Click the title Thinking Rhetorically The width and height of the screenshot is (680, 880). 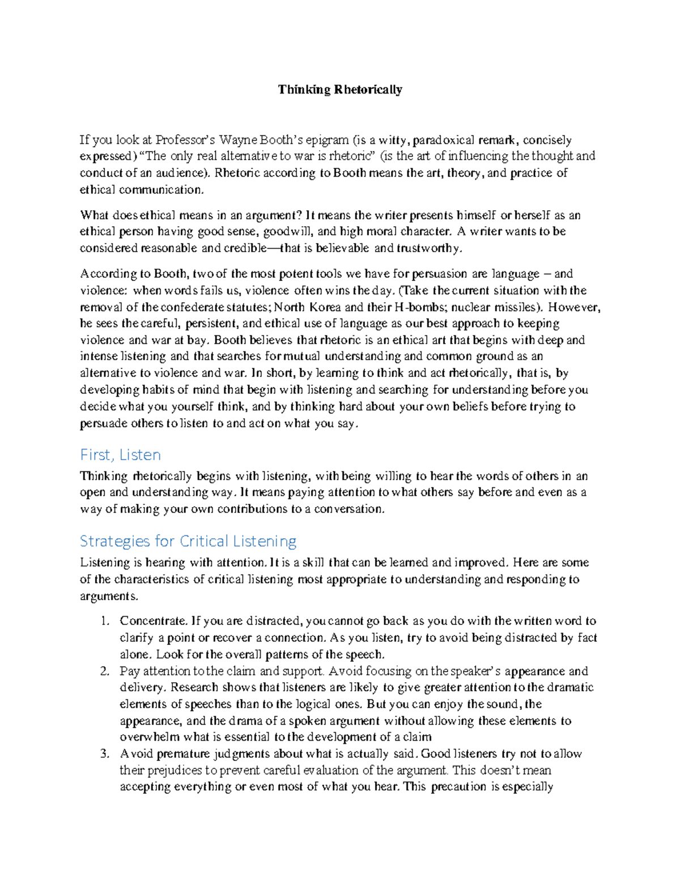point(339,90)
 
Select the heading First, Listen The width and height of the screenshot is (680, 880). point(120,455)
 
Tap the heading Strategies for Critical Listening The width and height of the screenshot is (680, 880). point(188,541)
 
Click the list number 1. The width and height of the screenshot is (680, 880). point(104,621)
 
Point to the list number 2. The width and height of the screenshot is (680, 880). point(104,671)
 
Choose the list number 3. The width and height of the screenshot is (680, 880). point(104,754)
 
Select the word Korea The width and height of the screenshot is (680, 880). point(324,307)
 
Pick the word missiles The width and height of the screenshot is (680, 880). point(516,307)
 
